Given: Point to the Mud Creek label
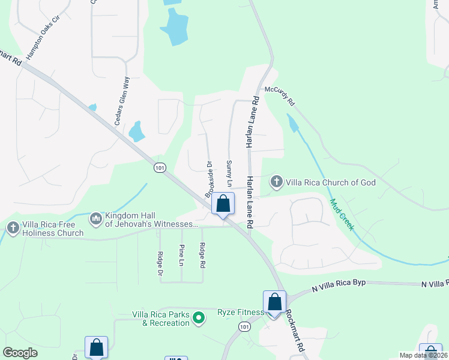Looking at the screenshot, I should point(341,214).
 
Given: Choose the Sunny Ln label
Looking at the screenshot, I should point(229,172).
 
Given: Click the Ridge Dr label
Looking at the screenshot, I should point(160,263).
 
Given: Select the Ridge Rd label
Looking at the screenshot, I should point(203,255).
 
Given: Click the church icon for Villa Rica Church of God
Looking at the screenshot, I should point(277,181).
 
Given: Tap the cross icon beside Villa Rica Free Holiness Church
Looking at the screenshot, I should point(13,227).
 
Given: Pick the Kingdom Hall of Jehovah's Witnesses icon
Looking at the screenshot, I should point(95,219).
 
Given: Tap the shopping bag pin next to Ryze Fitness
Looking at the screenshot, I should point(274,301).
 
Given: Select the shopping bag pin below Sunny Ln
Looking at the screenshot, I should point(223,203).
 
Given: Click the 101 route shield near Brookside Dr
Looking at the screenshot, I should point(159,167).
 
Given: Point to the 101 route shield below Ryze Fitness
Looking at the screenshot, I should point(244,326).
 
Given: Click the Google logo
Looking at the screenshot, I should point(20,353).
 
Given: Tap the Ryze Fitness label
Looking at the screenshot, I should point(240,312).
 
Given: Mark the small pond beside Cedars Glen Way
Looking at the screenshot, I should point(137,131).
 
